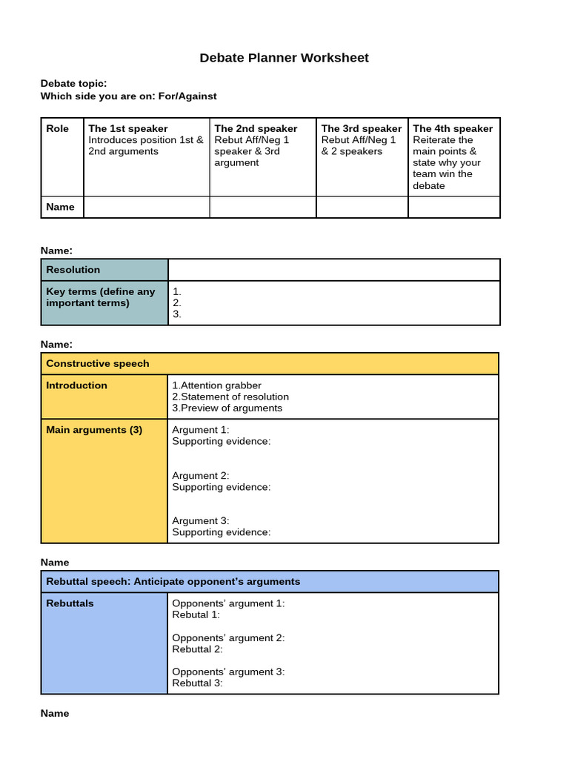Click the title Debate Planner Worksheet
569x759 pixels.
click(284, 58)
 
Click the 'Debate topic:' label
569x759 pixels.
click(73, 84)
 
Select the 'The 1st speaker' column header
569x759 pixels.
click(127, 128)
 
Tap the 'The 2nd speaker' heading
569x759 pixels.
click(256, 128)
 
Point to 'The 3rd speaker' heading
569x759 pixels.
click(362, 128)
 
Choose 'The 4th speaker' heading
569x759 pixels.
click(453, 128)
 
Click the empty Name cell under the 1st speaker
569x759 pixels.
click(147, 207)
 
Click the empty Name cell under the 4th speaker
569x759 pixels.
click(453, 207)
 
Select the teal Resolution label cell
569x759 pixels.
click(104, 270)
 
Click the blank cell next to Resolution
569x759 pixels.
click(333, 270)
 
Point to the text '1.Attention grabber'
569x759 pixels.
click(216, 385)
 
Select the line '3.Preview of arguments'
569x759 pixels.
click(227, 408)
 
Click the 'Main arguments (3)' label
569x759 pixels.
click(94, 430)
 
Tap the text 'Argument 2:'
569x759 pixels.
click(201, 476)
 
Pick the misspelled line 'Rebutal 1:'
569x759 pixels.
click(196, 614)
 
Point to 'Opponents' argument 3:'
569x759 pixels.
click(228, 672)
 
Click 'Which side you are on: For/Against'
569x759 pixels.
click(128, 96)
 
